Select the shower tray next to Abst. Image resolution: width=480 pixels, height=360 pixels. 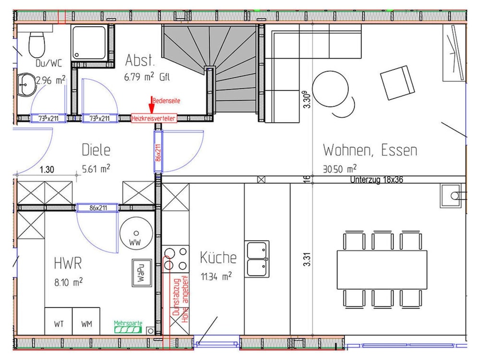(x=89, y=43)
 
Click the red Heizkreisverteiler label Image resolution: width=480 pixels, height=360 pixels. (x=154, y=118)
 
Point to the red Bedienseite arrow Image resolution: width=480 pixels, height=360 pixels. (x=151, y=105)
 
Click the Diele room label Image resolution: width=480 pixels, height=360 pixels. (x=96, y=150)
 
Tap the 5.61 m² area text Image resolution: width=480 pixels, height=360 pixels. (x=96, y=168)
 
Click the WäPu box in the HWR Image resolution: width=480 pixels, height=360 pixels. (x=142, y=273)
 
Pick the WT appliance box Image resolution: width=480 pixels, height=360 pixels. (x=59, y=321)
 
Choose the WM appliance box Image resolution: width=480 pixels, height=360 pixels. (x=86, y=321)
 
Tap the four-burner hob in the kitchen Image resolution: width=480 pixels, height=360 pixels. (x=175, y=259)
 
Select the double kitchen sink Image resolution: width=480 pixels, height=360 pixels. (x=257, y=259)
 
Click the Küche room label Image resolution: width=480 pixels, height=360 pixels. (x=218, y=257)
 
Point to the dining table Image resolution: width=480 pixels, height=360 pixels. (x=382, y=270)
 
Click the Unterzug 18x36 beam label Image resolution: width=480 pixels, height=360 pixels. (x=376, y=180)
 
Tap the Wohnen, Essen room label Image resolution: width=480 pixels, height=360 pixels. (x=370, y=150)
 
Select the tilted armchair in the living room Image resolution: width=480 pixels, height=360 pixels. (x=397, y=83)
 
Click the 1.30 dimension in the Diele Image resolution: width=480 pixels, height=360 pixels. (x=47, y=169)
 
